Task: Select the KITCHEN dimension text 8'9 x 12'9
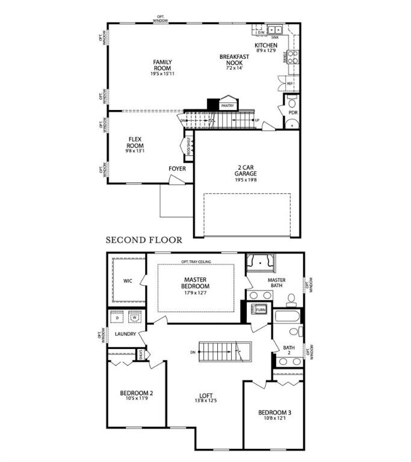point(265,51)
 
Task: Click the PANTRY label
point(227,106)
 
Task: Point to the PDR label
point(293,112)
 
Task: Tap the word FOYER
point(177,168)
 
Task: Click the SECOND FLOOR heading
point(144,239)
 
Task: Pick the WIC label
point(128,281)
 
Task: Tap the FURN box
point(261,309)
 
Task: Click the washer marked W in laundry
point(135,318)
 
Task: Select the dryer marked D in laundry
point(117,318)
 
